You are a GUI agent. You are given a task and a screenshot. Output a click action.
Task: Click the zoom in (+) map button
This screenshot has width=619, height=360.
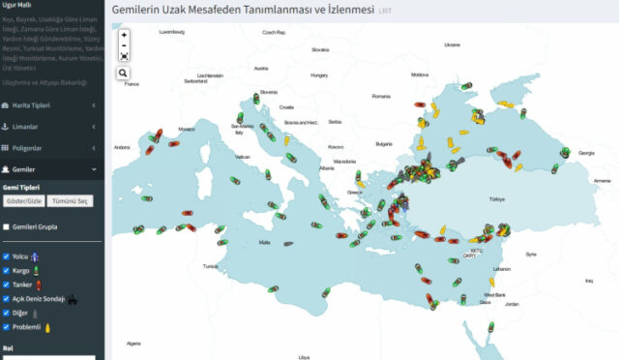pos(124,35)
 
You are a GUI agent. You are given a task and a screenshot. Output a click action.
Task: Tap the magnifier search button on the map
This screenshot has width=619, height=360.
pos(124,73)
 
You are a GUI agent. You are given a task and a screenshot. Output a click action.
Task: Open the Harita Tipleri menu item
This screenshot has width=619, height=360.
pos(48,105)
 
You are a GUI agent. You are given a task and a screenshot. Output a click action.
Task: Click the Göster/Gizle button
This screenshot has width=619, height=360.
pos(22,200)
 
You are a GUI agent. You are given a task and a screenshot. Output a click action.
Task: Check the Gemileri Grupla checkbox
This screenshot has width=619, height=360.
pos(5,227)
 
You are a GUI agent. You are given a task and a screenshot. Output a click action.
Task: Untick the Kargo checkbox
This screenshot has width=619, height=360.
pos(5,271)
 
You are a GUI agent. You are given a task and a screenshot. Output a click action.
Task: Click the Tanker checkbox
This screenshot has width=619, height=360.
pos(5,285)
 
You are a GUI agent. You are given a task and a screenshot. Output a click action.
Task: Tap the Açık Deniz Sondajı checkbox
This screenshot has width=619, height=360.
pos(5,299)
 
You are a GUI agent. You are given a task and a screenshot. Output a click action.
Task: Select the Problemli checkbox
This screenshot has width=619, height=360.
pos(5,327)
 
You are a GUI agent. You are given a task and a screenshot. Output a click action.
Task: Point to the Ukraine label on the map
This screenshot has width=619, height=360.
pos(452,45)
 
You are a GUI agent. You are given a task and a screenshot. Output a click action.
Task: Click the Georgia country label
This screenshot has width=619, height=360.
pos(586,153)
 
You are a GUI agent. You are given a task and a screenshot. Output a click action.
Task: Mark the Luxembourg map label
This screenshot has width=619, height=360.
pos(172,32)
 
